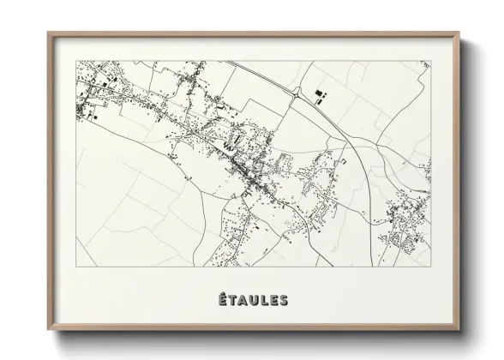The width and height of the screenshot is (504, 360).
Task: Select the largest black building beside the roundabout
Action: pos(321,97)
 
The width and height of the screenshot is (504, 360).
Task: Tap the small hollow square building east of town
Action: pos(344,160)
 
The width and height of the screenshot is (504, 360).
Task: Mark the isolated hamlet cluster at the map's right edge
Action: pos(405,221)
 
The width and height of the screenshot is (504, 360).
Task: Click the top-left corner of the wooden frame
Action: pos(48,33)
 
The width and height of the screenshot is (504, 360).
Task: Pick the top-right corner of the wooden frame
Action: pos(459,33)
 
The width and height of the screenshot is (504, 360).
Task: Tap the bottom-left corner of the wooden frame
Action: pos(48,329)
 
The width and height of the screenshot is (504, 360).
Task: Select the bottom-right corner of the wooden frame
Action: pos(459,329)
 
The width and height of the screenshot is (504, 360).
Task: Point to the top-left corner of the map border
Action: pos(76,61)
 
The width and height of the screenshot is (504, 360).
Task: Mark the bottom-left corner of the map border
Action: pos(76,267)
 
